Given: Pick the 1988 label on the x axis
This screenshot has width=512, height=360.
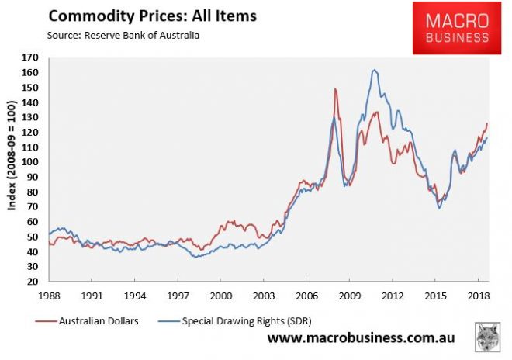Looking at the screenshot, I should (x=48, y=296).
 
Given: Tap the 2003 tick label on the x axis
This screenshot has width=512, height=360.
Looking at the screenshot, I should (x=264, y=296).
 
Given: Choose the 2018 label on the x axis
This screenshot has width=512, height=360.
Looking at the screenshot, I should (x=478, y=296).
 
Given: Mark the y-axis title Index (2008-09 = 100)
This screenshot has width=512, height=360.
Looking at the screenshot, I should (x=12, y=170).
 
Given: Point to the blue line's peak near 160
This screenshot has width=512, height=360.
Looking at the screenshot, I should (x=375, y=70).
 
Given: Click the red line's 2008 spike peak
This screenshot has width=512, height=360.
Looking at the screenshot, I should (x=335, y=89).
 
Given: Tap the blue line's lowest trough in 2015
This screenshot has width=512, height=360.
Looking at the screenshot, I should (x=439, y=208).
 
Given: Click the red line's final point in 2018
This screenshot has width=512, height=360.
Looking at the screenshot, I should (x=487, y=123).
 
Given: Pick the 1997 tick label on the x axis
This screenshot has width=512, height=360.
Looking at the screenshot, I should (x=178, y=296).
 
